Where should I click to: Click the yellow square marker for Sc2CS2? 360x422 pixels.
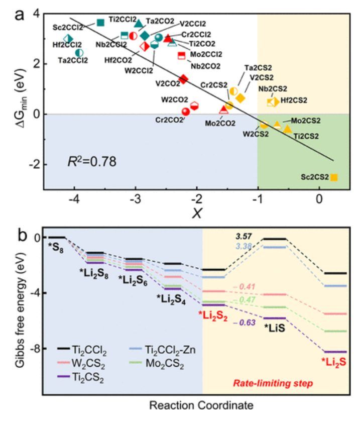pyautogui.click(x=334, y=177)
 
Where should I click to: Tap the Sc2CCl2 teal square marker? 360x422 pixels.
pyautogui.click(x=100, y=22)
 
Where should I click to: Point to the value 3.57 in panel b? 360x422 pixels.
pyautogui.click(x=244, y=236)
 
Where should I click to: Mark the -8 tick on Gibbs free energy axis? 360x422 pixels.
pyautogui.click(x=37, y=348)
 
